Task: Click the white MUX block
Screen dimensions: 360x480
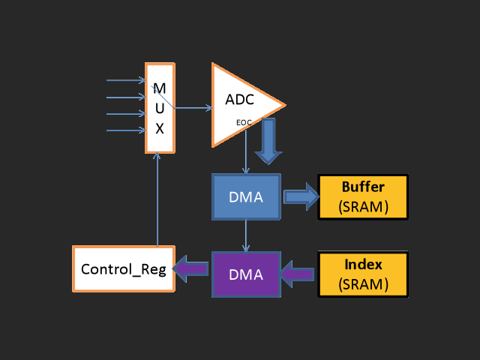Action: tap(160, 108)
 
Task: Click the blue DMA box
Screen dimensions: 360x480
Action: tap(246, 197)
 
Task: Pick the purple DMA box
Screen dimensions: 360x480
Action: tap(246, 274)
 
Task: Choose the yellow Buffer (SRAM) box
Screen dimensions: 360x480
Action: tap(364, 196)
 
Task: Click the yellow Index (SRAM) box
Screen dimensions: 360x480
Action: tap(364, 274)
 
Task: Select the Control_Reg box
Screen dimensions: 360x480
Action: tap(124, 268)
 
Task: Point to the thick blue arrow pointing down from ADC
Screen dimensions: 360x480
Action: tap(268, 140)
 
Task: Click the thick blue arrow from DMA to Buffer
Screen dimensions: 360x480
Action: tap(300, 196)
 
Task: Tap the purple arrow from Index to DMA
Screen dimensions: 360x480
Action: tap(298, 274)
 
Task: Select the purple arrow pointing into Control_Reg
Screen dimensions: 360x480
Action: tap(191, 268)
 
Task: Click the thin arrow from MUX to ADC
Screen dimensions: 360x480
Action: tap(193, 108)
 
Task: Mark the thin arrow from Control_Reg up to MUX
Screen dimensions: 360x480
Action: tap(157, 199)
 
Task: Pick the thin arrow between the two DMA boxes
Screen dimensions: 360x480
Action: tap(246, 235)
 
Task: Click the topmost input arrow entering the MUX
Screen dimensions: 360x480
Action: tap(126, 80)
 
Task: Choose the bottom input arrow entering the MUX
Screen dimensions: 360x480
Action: tap(126, 130)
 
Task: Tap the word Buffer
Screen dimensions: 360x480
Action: tap(363, 187)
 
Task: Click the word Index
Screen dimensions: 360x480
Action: tap(363, 265)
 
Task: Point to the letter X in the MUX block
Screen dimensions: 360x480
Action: tap(160, 128)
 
